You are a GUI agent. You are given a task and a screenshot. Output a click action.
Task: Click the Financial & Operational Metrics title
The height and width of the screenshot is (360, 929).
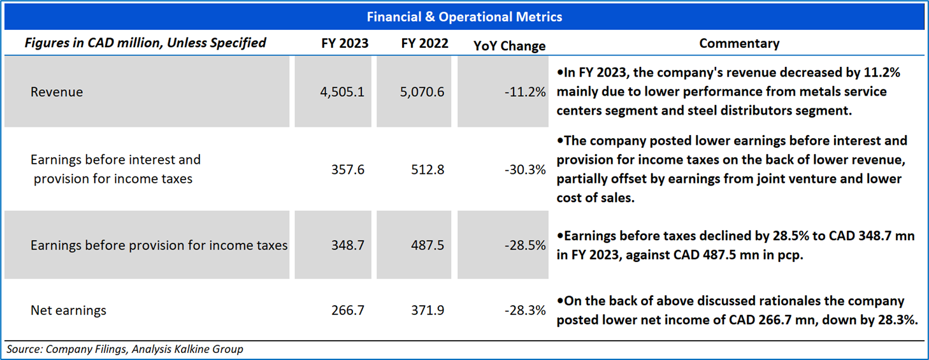click(464, 17)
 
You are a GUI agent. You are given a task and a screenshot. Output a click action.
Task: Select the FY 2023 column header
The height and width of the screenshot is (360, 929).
click(345, 44)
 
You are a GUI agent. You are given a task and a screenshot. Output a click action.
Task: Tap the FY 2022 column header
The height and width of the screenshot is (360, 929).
click(424, 44)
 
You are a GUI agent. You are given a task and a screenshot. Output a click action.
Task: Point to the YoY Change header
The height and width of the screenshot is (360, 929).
click(509, 46)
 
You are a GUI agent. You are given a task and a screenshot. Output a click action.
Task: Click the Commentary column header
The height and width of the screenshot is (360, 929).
click(739, 44)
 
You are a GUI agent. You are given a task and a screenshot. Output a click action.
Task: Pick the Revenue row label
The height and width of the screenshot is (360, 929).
click(57, 92)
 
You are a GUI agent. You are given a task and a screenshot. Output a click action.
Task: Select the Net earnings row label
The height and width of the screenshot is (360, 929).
click(68, 311)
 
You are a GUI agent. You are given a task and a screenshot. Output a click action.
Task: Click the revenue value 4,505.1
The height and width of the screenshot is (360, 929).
click(342, 92)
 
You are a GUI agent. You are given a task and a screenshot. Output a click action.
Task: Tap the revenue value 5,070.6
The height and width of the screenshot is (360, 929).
click(422, 92)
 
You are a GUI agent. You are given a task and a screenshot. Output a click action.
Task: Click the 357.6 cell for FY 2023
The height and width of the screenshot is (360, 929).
click(348, 169)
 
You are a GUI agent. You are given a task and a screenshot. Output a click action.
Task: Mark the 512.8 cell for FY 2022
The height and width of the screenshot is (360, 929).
click(428, 169)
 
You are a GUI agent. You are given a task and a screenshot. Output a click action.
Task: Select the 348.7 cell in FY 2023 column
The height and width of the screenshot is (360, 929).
click(348, 245)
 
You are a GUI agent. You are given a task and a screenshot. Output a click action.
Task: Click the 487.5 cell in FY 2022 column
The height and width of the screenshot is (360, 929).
click(428, 245)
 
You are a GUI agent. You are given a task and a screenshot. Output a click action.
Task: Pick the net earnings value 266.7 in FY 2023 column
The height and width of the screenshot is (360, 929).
click(348, 311)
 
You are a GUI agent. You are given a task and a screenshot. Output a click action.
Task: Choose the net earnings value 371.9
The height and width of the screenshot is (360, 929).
click(428, 311)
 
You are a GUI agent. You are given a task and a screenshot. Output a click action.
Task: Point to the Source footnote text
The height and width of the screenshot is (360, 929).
click(125, 349)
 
